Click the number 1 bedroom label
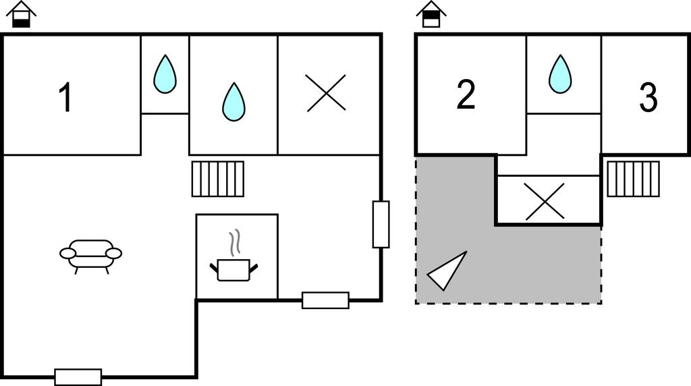[x=65, y=98]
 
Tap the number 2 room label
[x=466, y=95]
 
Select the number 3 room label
[x=648, y=99]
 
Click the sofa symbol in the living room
[x=91, y=255]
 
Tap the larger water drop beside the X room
[x=233, y=102]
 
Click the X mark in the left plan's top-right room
[x=326, y=93]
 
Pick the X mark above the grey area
[x=545, y=200]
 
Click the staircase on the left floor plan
[x=217, y=179]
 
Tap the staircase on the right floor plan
[x=633, y=179]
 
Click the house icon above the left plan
[x=22, y=15]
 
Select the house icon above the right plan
[x=431, y=15]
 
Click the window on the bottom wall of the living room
[x=78, y=377]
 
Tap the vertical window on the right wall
[x=381, y=224]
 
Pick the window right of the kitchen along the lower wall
[x=325, y=300]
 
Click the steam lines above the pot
[x=234, y=243]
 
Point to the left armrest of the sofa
[x=67, y=253]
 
